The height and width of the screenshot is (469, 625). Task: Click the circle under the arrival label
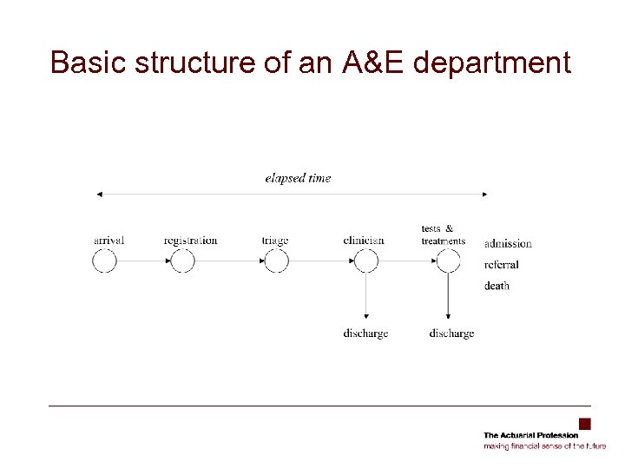104,261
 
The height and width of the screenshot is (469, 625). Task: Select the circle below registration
183,261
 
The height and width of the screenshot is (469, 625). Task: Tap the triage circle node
276,261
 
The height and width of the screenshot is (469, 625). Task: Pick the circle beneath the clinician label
366,261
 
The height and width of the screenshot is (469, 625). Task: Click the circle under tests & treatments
448,261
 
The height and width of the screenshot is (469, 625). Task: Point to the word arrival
109,241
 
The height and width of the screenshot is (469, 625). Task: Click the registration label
190,241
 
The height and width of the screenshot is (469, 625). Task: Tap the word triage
274,241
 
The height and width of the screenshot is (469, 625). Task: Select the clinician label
365,241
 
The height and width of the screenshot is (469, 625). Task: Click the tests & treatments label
443,234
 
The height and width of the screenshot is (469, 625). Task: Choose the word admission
508,244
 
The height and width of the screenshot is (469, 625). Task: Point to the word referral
502,265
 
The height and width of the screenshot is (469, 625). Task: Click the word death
497,286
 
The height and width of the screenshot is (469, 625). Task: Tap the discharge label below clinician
365,334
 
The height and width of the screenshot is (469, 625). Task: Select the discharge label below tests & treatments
451,334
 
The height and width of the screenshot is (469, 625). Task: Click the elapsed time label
298,178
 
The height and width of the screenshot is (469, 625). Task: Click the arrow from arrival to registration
143,261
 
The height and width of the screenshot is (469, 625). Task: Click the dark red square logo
585,424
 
